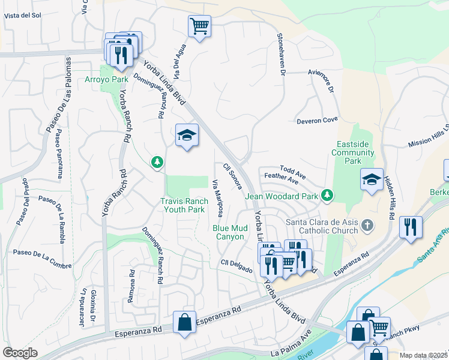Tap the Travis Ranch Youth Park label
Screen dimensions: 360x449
tap(184, 206)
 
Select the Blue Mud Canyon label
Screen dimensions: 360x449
tap(229, 232)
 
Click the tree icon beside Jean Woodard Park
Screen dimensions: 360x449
tap(327, 195)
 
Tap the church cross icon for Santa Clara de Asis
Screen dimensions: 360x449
tap(368, 226)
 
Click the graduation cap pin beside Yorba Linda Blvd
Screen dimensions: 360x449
tap(187, 135)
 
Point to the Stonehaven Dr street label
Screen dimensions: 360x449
tap(280, 55)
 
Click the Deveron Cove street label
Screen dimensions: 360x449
tap(318, 121)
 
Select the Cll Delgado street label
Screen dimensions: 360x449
tap(236, 266)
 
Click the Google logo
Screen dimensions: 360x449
tap(20, 353)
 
